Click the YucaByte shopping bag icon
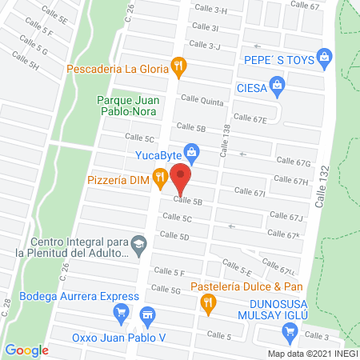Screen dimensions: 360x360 191,150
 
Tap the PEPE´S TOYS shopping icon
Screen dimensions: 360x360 324,57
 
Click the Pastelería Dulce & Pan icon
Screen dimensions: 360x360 209,302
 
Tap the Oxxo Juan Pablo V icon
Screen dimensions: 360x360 146,315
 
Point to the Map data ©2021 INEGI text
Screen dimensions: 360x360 311,354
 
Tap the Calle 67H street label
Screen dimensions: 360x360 290,181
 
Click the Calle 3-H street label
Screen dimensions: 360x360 210,10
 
